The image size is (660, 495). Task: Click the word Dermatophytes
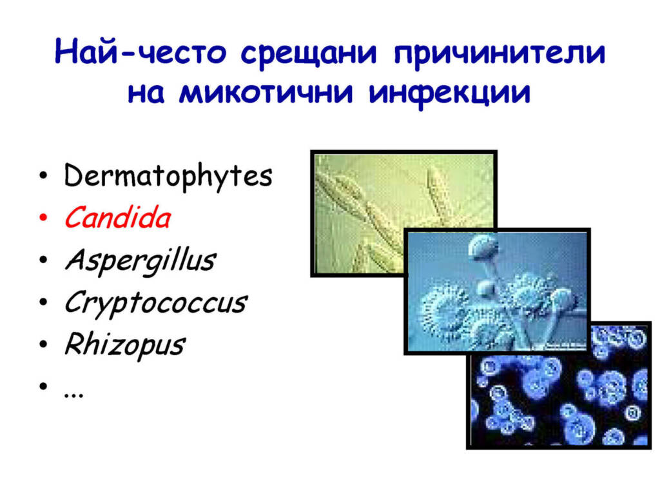tap(168, 176)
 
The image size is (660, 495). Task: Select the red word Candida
tap(117, 218)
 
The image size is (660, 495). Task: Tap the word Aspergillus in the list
tap(140, 261)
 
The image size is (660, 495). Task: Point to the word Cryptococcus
tap(155, 303)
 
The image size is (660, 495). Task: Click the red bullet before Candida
tap(43, 218)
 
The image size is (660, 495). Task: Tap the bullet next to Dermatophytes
tap(43, 175)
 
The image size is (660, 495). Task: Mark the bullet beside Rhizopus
tap(43, 344)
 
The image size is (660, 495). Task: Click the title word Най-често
tap(140, 52)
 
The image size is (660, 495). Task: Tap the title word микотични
tap(266, 92)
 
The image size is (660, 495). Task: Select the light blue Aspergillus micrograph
tap(497, 291)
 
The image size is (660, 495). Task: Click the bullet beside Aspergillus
tap(43, 260)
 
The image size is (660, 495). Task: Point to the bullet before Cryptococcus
tap(43, 302)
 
